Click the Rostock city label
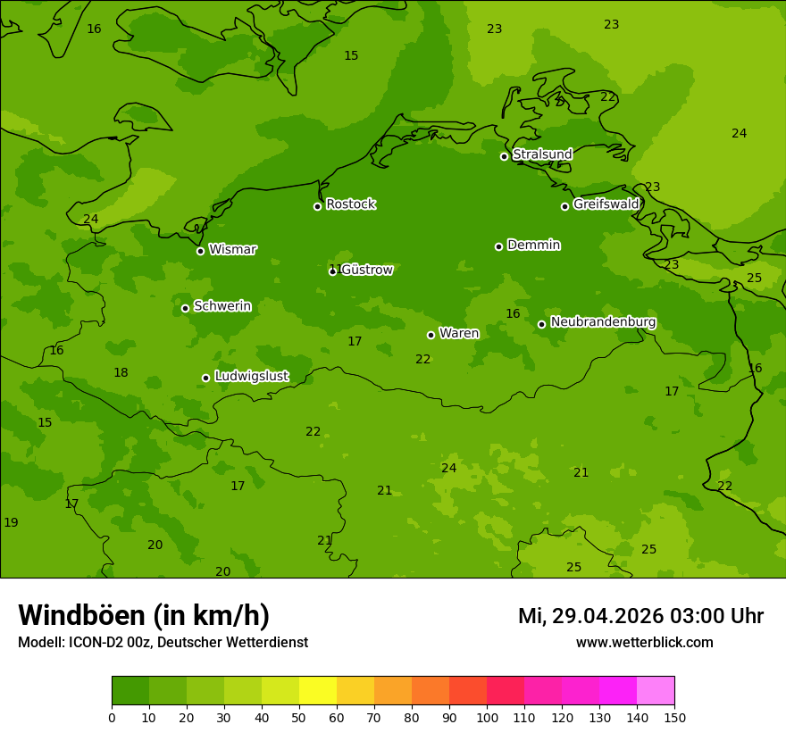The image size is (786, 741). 350,204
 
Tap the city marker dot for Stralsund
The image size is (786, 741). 504,156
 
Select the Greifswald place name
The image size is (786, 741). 606,204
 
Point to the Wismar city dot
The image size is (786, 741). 200,251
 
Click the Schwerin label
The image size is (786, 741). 222,306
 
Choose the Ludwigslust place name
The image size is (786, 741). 251,377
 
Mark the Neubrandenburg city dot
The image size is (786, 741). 541,324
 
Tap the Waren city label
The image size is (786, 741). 459,334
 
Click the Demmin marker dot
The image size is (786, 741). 498,246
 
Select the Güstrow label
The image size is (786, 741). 366,270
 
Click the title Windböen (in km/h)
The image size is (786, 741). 144,615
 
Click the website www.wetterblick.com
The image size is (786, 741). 644,643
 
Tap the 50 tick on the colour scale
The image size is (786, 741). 299,717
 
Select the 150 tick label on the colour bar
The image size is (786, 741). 674,717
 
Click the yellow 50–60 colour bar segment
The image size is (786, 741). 318,691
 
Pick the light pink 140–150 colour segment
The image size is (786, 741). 656,691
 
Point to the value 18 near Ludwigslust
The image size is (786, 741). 121,372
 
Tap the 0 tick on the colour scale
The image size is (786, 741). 112,717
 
